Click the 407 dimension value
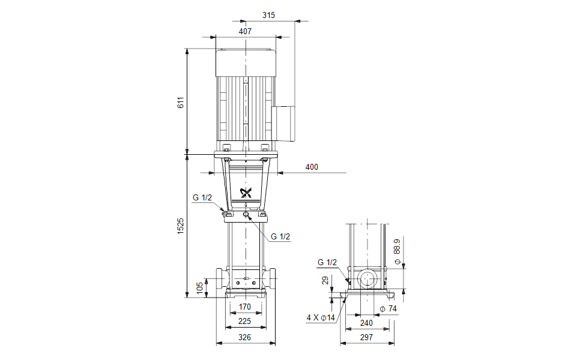pos(245,31)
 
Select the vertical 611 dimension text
pos(180,102)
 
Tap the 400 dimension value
pos(312,167)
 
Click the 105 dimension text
pos(200,289)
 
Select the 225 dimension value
pos(245,322)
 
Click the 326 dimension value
pos(245,338)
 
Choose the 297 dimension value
pos(367,338)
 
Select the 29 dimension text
pos(325,280)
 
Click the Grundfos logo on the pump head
pos(246,193)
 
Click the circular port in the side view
pos(367,280)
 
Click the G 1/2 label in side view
pos(328,262)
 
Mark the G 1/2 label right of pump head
pos(280,236)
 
